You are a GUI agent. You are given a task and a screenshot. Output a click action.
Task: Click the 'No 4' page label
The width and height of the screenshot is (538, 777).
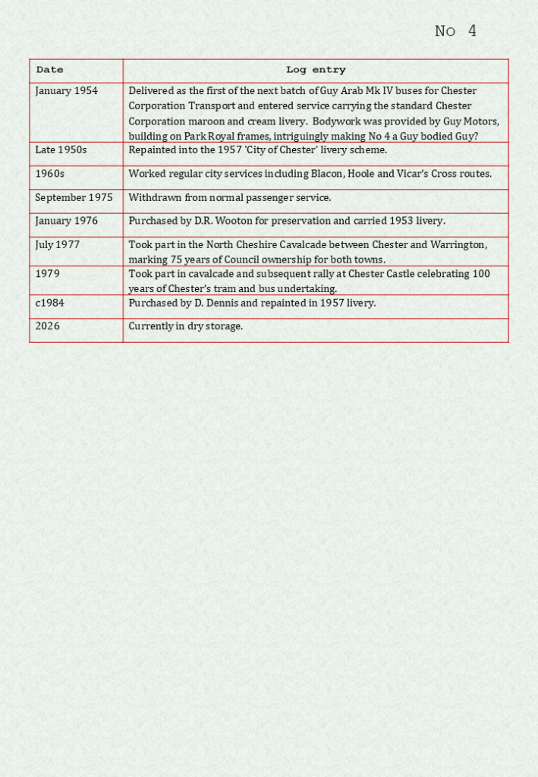pyautogui.click(x=455, y=31)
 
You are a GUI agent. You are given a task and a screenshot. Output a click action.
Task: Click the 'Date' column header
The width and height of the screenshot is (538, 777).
pyautogui.click(x=50, y=70)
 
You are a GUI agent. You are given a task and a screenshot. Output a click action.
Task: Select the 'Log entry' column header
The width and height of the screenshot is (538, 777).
pyautogui.click(x=316, y=70)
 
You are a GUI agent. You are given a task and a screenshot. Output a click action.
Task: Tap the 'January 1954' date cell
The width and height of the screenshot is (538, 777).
pyautogui.click(x=67, y=91)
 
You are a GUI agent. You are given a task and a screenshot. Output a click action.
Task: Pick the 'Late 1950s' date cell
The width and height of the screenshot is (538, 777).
pyautogui.click(x=61, y=150)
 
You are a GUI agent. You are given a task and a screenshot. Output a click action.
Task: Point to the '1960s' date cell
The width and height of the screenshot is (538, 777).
pyautogui.click(x=50, y=174)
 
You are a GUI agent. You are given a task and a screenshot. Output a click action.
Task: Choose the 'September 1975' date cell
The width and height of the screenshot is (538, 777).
pyautogui.click(x=74, y=198)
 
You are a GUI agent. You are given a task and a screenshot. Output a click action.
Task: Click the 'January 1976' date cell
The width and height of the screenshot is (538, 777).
pyautogui.click(x=67, y=222)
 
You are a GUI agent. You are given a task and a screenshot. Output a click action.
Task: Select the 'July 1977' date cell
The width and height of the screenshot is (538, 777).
pyautogui.click(x=58, y=245)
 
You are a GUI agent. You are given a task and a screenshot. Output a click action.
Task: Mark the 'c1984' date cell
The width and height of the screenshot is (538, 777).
pyautogui.click(x=50, y=303)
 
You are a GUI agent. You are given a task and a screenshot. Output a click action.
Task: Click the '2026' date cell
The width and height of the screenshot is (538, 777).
pyautogui.click(x=48, y=326)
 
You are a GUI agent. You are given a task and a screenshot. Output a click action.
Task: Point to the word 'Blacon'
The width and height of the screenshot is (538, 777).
pyautogui.click(x=327, y=174)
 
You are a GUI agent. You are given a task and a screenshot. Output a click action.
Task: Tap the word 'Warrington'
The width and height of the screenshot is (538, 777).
pyautogui.click(x=458, y=245)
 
